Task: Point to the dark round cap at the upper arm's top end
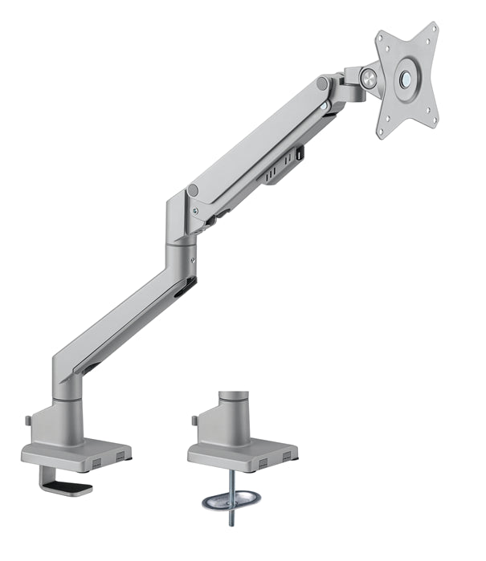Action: point(322,83)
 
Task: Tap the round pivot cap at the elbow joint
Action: point(193,191)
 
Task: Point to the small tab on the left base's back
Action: point(27,420)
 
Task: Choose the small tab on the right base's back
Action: point(194,420)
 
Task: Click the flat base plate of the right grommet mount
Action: point(241,454)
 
